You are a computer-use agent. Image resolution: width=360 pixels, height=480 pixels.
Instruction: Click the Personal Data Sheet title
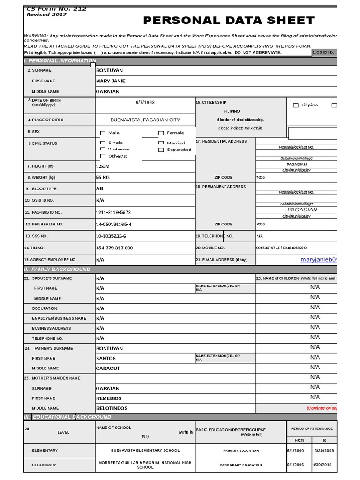point(229,20)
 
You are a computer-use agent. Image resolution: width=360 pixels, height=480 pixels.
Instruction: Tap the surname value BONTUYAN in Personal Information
point(109,70)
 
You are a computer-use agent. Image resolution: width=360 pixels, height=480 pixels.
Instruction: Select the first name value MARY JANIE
point(111,81)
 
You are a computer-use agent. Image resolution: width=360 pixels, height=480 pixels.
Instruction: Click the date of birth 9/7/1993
point(145,102)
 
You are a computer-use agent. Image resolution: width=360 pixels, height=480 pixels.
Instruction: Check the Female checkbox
point(161,133)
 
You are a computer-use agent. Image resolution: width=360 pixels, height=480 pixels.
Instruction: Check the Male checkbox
point(103,133)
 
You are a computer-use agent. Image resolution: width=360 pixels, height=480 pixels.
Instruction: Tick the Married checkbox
point(161,143)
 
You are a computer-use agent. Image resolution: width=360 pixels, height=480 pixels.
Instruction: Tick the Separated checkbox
point(161,150)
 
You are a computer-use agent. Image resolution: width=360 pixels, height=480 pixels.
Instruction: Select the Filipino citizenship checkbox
point(296,105)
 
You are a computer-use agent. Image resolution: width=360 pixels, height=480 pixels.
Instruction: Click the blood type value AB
point(99,188)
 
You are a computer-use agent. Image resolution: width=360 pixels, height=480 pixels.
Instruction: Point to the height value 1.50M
point(103,166)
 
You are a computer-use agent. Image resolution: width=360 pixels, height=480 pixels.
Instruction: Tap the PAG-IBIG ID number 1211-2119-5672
point(113,212)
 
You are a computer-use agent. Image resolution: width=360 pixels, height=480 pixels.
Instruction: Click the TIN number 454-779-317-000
point(114,248)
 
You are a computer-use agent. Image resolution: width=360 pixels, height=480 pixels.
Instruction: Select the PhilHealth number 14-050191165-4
point(113,225)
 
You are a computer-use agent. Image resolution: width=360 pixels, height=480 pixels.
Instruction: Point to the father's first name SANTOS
point(106,358)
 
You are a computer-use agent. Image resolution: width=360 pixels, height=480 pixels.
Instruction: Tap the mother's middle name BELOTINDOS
point(112,408)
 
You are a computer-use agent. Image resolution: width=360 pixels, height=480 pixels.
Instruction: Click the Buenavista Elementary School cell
point(145,450)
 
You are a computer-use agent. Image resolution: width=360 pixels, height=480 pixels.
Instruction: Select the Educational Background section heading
point(68,417)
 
